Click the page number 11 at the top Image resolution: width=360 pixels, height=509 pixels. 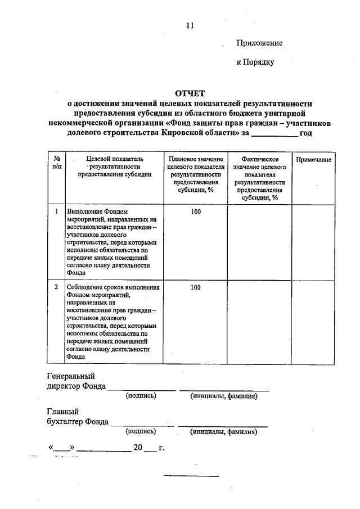pyautogui.click(x=189, y=25)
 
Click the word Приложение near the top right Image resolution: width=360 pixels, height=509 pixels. pyautogui.click(x=259, y=43)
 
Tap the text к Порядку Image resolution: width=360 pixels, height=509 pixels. pyautogui.click(x=255, y=62)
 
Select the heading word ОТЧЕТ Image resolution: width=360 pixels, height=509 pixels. pyautogui.click(x=191, y=93)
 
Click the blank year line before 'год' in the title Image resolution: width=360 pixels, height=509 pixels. pyautogui.click(x=274, y=134)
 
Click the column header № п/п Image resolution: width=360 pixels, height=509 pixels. pyautogui.click(x=57, y=163)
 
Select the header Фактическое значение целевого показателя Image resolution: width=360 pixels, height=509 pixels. pyautogui.click(x=259, y=178)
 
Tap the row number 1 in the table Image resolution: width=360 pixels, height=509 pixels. pyautogui.click(x=57, y=211)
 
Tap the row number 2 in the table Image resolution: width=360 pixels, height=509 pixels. pyautogui.click(x=57, y=287)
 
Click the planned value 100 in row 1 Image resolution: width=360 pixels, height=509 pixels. pyautogui.click(x=195, y=211)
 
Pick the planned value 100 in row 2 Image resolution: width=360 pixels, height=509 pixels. pyautogui.click(x=195, y=287)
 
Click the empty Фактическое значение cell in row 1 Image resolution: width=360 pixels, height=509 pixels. pyautogui.click(x=259, y=242)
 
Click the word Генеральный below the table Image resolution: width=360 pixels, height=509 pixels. pyautogui.click(x=70, y=376)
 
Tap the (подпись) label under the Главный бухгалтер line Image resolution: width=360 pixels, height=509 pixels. pyautogui.click(x=141, y=432)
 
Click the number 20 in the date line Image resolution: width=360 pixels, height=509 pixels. pyautogui.click(x=138, y=448)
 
